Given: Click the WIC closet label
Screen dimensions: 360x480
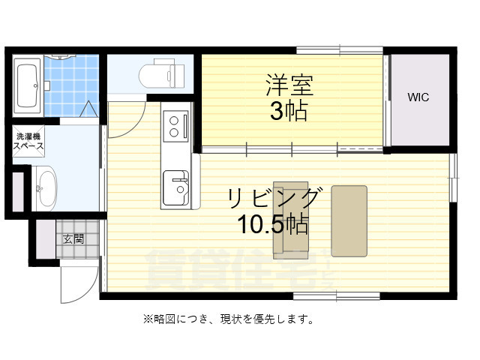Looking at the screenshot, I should (418, 98).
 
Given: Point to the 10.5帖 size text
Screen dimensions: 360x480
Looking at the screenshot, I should (274, 224).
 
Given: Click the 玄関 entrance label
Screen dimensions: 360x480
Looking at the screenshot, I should (73, 239).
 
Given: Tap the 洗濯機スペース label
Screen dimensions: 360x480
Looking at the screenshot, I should (28, 142).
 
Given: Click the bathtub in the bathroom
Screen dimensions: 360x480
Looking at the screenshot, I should (25, 87).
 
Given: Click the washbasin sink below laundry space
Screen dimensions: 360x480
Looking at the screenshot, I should (44, 187).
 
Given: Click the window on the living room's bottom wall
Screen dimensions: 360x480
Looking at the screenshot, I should (325, 295).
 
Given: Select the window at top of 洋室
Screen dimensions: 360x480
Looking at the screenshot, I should (339, 50).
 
